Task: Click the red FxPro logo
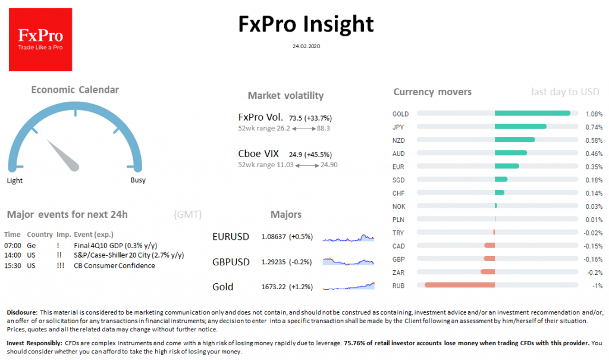click(40, 39)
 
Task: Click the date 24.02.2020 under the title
click(305, 45)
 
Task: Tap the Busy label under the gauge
click(137, 180)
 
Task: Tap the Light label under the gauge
click(15, 180)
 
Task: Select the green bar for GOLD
click(532, 113)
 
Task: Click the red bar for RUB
click(460, 285)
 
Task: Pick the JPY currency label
click(398, 127)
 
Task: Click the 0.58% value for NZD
click(594, 140)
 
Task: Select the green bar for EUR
click(506, 166)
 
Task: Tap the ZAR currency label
click(398, 272)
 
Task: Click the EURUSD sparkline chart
click(349, 237)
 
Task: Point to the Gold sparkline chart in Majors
click(349, 287)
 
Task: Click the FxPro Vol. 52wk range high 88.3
click(324, 128)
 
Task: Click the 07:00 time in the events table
click(12, 245)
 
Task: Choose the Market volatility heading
click(285, 96)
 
